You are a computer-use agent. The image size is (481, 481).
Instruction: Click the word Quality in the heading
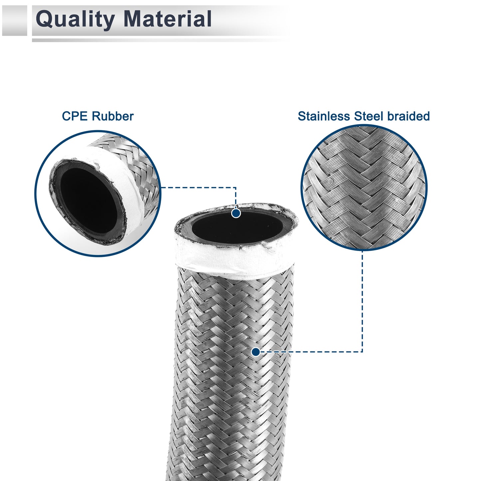(x=75, y=20)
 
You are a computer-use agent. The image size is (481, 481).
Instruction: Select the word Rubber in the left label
(x=113, y=116)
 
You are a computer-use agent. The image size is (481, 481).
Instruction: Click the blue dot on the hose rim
(x=236, y=213)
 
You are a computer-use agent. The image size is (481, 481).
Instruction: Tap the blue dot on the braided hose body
(x=256, y=352)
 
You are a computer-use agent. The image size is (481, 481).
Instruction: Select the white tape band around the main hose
(x=235, y=262)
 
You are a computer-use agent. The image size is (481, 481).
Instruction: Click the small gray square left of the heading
(x=14, y=20)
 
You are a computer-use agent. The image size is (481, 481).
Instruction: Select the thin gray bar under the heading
(x=160, y=40)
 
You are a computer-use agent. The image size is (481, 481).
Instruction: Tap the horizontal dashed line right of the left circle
(x=198, y=187)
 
